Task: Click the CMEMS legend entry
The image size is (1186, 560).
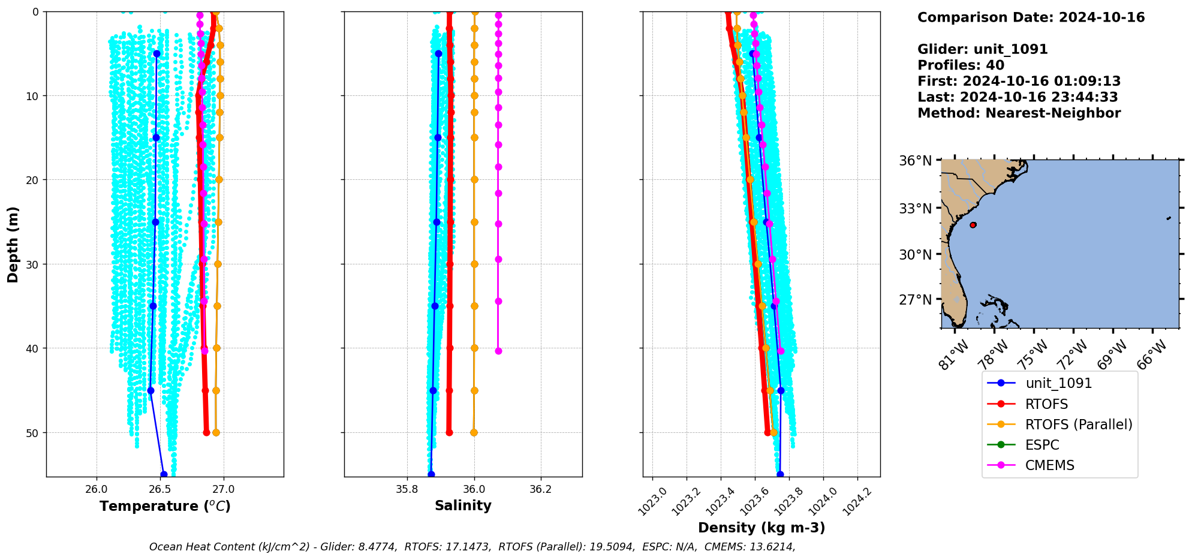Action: point(1049,465)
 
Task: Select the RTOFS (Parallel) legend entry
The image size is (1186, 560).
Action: point(1078,424)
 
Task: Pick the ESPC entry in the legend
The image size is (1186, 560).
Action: point(1041,445)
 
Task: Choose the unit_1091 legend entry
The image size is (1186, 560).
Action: point(1058,383)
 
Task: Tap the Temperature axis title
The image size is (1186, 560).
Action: point(165,506)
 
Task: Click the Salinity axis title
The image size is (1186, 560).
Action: point(463,505)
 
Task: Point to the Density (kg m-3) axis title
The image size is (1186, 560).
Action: point(761,528)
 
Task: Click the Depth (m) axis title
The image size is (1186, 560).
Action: point(13,245)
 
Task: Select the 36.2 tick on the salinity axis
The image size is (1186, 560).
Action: point(541,489)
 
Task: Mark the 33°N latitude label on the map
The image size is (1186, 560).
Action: point(915,209)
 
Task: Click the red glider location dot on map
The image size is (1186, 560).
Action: point(973,225)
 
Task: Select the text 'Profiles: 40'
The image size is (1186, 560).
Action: point(961,65)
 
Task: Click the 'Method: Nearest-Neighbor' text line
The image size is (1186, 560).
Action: point(1019,113)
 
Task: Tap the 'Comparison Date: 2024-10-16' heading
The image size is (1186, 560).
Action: point(1031,17)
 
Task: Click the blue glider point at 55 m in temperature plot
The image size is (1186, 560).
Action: point(164,474)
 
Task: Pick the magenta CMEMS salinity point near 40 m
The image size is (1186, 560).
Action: point(498,351)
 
